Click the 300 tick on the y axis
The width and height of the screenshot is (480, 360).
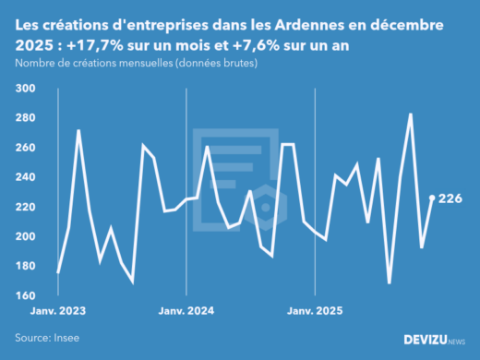click(x=25, y=89)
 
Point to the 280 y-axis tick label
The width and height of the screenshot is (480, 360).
click(x=25, y=118)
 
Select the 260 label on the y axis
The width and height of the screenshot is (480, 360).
click(x=25, y=148)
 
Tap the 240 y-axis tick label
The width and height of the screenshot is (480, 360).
click(x=25, y=177)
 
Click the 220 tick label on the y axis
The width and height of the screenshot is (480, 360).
click(x=25, y=207)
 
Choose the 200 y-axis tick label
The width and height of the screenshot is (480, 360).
click(x=25, y=236)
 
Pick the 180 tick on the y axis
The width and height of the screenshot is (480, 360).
click(x=25, y=266)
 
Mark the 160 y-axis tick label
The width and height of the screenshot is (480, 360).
click(x=25, y=295)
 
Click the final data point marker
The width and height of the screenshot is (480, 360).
click(x=432, y=198)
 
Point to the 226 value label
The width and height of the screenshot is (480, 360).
click(x=450, y=198)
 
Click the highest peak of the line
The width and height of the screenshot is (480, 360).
click(x=410, y=114)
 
